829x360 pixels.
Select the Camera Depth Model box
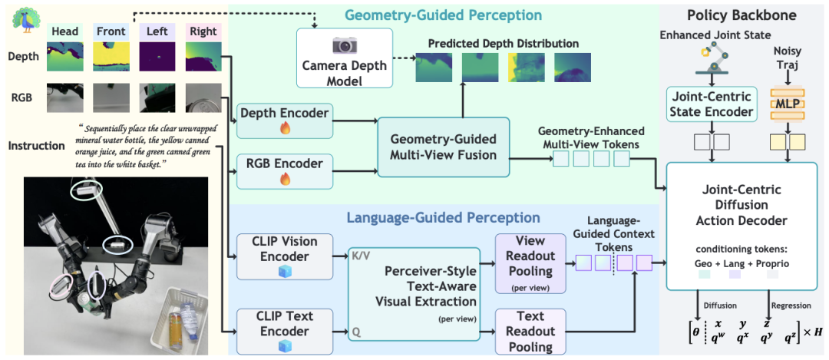pyautogui.click(x=345, y=58)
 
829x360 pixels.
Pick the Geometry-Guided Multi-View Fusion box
pyautogui.click(x=443, y=147)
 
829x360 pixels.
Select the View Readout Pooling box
pyautogui.click(x=530, y=263)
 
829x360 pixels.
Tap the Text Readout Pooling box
pyautogui.click(x=530, y=332)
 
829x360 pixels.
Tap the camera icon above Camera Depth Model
pyautogui.click(x=345, y=45)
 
